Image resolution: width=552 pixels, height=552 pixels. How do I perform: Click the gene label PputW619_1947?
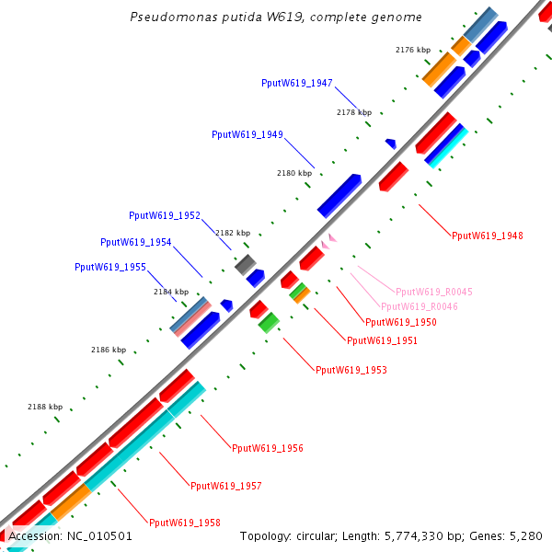tap(297, 83)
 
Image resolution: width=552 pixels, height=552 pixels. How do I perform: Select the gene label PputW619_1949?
tap(247, 134)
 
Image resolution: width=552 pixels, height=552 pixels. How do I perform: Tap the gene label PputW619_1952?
tap(165, 215)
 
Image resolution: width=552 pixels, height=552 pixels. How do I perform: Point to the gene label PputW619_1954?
tap(135, 242)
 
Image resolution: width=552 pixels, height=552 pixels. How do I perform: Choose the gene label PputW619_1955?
tap(109, 267)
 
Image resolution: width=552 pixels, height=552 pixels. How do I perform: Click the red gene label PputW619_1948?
tap(487, 236)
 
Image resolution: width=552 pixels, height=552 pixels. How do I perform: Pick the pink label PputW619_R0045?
tap(434, 292)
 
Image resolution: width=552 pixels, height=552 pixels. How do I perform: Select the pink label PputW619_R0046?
tap(419, 306)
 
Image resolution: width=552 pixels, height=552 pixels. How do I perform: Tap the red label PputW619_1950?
tap(400, 322)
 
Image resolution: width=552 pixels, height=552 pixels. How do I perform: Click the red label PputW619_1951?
tap(382, 340)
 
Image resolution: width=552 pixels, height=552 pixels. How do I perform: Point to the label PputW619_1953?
tap(351, 370)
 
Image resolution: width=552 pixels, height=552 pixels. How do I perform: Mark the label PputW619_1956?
tap(267, 448)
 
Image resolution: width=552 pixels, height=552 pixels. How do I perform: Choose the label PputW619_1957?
tap(225, 485)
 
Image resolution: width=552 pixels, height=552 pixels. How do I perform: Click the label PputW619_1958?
tap(184, 523)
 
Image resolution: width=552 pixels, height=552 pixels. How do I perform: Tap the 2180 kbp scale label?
tap(294, 173)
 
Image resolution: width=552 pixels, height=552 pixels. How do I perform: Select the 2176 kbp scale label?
tap(412, 50)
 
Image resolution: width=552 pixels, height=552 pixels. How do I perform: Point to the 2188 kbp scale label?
tap(45, 407)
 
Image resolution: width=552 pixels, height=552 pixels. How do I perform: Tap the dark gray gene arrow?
tap(245, 265)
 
